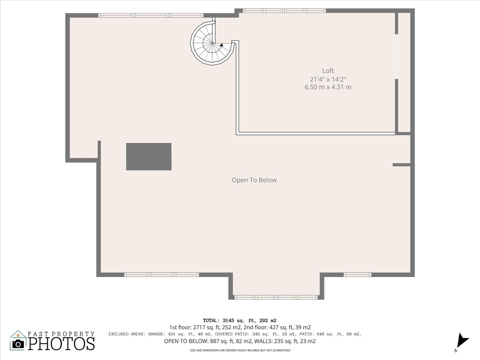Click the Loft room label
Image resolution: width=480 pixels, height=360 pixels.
tap(328, 71)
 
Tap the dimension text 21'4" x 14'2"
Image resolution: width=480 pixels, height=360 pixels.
tap(328, 79)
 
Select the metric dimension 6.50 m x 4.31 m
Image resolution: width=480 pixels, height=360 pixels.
tap(328, 87)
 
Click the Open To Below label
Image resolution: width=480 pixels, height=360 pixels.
tap(254, 180)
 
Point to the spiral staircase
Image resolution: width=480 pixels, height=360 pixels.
tap(212, 44)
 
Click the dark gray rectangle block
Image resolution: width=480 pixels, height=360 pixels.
tap(149, 157)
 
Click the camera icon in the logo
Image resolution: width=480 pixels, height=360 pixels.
tap(18, 343)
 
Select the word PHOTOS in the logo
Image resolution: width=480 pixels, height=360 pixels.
tap(61, 343)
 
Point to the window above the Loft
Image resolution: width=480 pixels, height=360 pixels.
tap(284, 10)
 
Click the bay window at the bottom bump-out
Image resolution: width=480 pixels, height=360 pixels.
tap(276, 297)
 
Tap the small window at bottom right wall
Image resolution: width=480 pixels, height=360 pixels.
tap(357, 275)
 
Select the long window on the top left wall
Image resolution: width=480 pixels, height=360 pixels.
tap(150, 15)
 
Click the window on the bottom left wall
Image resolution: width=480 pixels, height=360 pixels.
tap(161, 275)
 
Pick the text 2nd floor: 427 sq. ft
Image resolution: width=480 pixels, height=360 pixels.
tap(277, 327)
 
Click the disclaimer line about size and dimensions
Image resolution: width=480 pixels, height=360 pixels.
tap(240, 350)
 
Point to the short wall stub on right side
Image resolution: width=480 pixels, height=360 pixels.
tap(401, 165)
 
